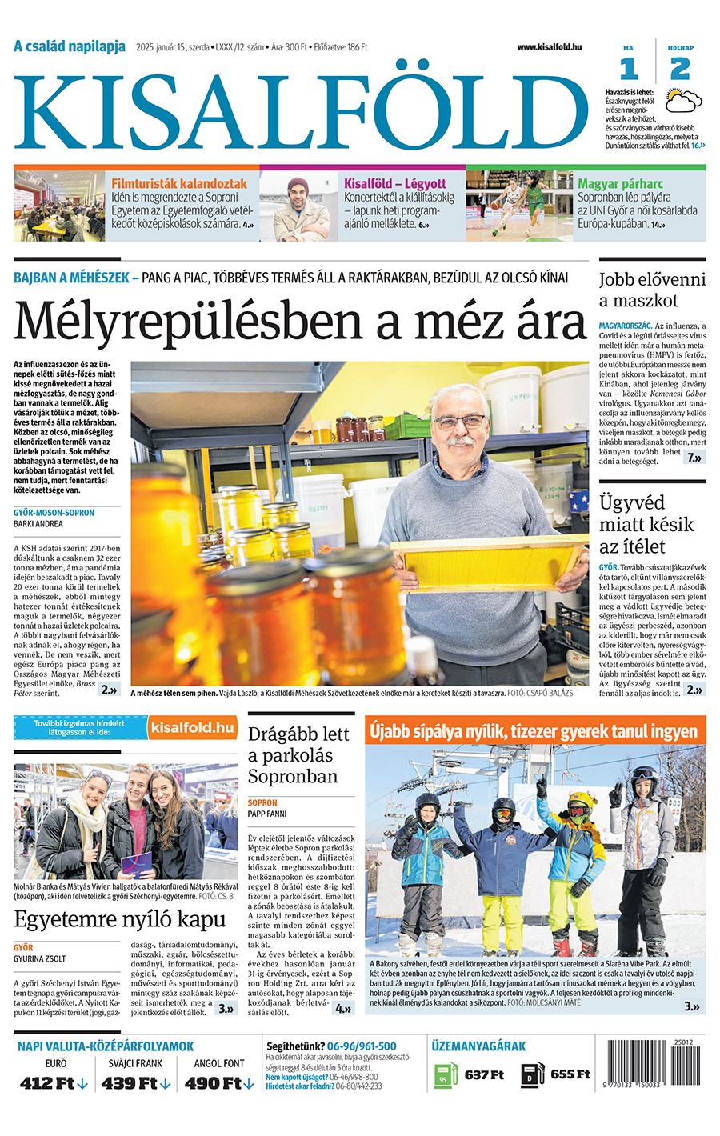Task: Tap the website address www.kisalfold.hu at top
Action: tap(549, 47)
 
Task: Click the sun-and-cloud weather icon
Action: tap(685, 101)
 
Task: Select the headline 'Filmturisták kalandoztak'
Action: tap(179, 184)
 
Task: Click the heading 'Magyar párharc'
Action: tap(620, 184)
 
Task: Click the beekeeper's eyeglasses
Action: tap(459, 421)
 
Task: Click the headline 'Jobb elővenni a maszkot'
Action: tap(652, 290)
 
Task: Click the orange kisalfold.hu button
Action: tap(193, 727)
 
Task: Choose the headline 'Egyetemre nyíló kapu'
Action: tap(120, 919)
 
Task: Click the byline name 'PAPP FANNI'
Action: tap(267, 814)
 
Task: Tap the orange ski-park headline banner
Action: tap(534, 731)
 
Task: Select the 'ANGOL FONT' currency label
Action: tap(218, 1063)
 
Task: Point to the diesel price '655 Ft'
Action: tap(570, 1074)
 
